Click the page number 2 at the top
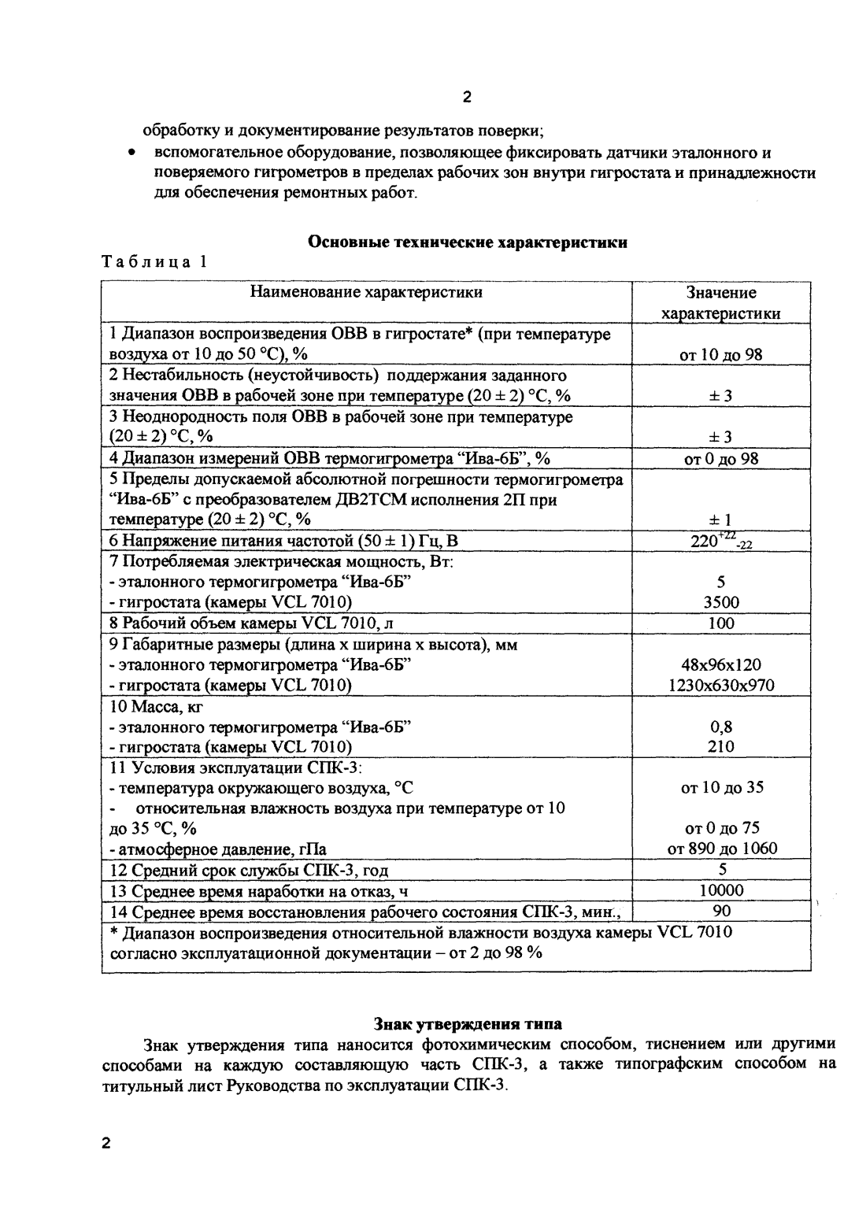(x=467, y=98)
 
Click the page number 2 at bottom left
(x=107, y=1144)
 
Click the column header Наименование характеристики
(x=366, y=293)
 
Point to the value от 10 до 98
(x=721, y=354)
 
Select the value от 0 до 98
(x=721, y=458)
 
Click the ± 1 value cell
(x=721, y=520)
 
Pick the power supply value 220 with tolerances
(x=721, y=541)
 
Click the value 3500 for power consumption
(x=721, y=602)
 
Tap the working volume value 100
(x=721, y=623)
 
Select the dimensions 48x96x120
(x=721, y=665)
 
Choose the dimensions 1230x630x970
(x=721, y=686)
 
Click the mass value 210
(x=721, y=746)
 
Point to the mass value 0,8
(x=721, y=727)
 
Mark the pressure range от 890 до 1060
(x=721, y=849)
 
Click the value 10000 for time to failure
(x=721, y=890)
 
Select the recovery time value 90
(x=721, y=911)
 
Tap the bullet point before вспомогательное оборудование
(x=134, y=153)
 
